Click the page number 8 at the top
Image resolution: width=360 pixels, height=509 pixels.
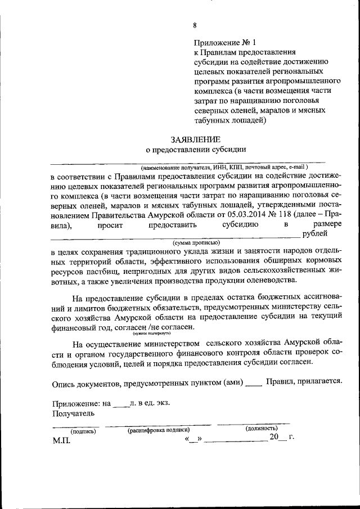click(x=195, y=25)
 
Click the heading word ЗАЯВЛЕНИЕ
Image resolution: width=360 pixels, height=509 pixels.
click(x=196, y=139)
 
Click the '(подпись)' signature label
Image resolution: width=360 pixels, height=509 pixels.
click(x=83, y=431)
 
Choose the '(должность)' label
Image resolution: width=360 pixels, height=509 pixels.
click(x=262, y=429)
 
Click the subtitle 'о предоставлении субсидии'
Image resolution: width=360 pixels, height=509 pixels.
click(x=196, y=150)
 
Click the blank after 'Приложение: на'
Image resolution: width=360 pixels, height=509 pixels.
click(x=120, y=403)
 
